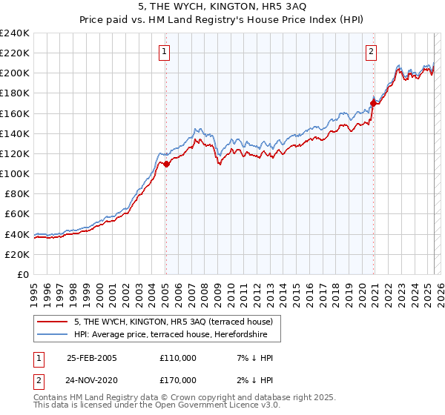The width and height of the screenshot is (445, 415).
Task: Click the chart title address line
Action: click(222, 6)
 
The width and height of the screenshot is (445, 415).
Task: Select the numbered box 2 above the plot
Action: click(370, 51)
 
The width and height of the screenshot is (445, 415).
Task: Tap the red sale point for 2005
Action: click(166, 165)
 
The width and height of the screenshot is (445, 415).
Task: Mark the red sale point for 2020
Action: click(373, 103)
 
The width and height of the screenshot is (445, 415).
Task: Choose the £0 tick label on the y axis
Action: click(22, 274)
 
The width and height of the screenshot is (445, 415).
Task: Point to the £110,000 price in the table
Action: click(178, 358)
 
